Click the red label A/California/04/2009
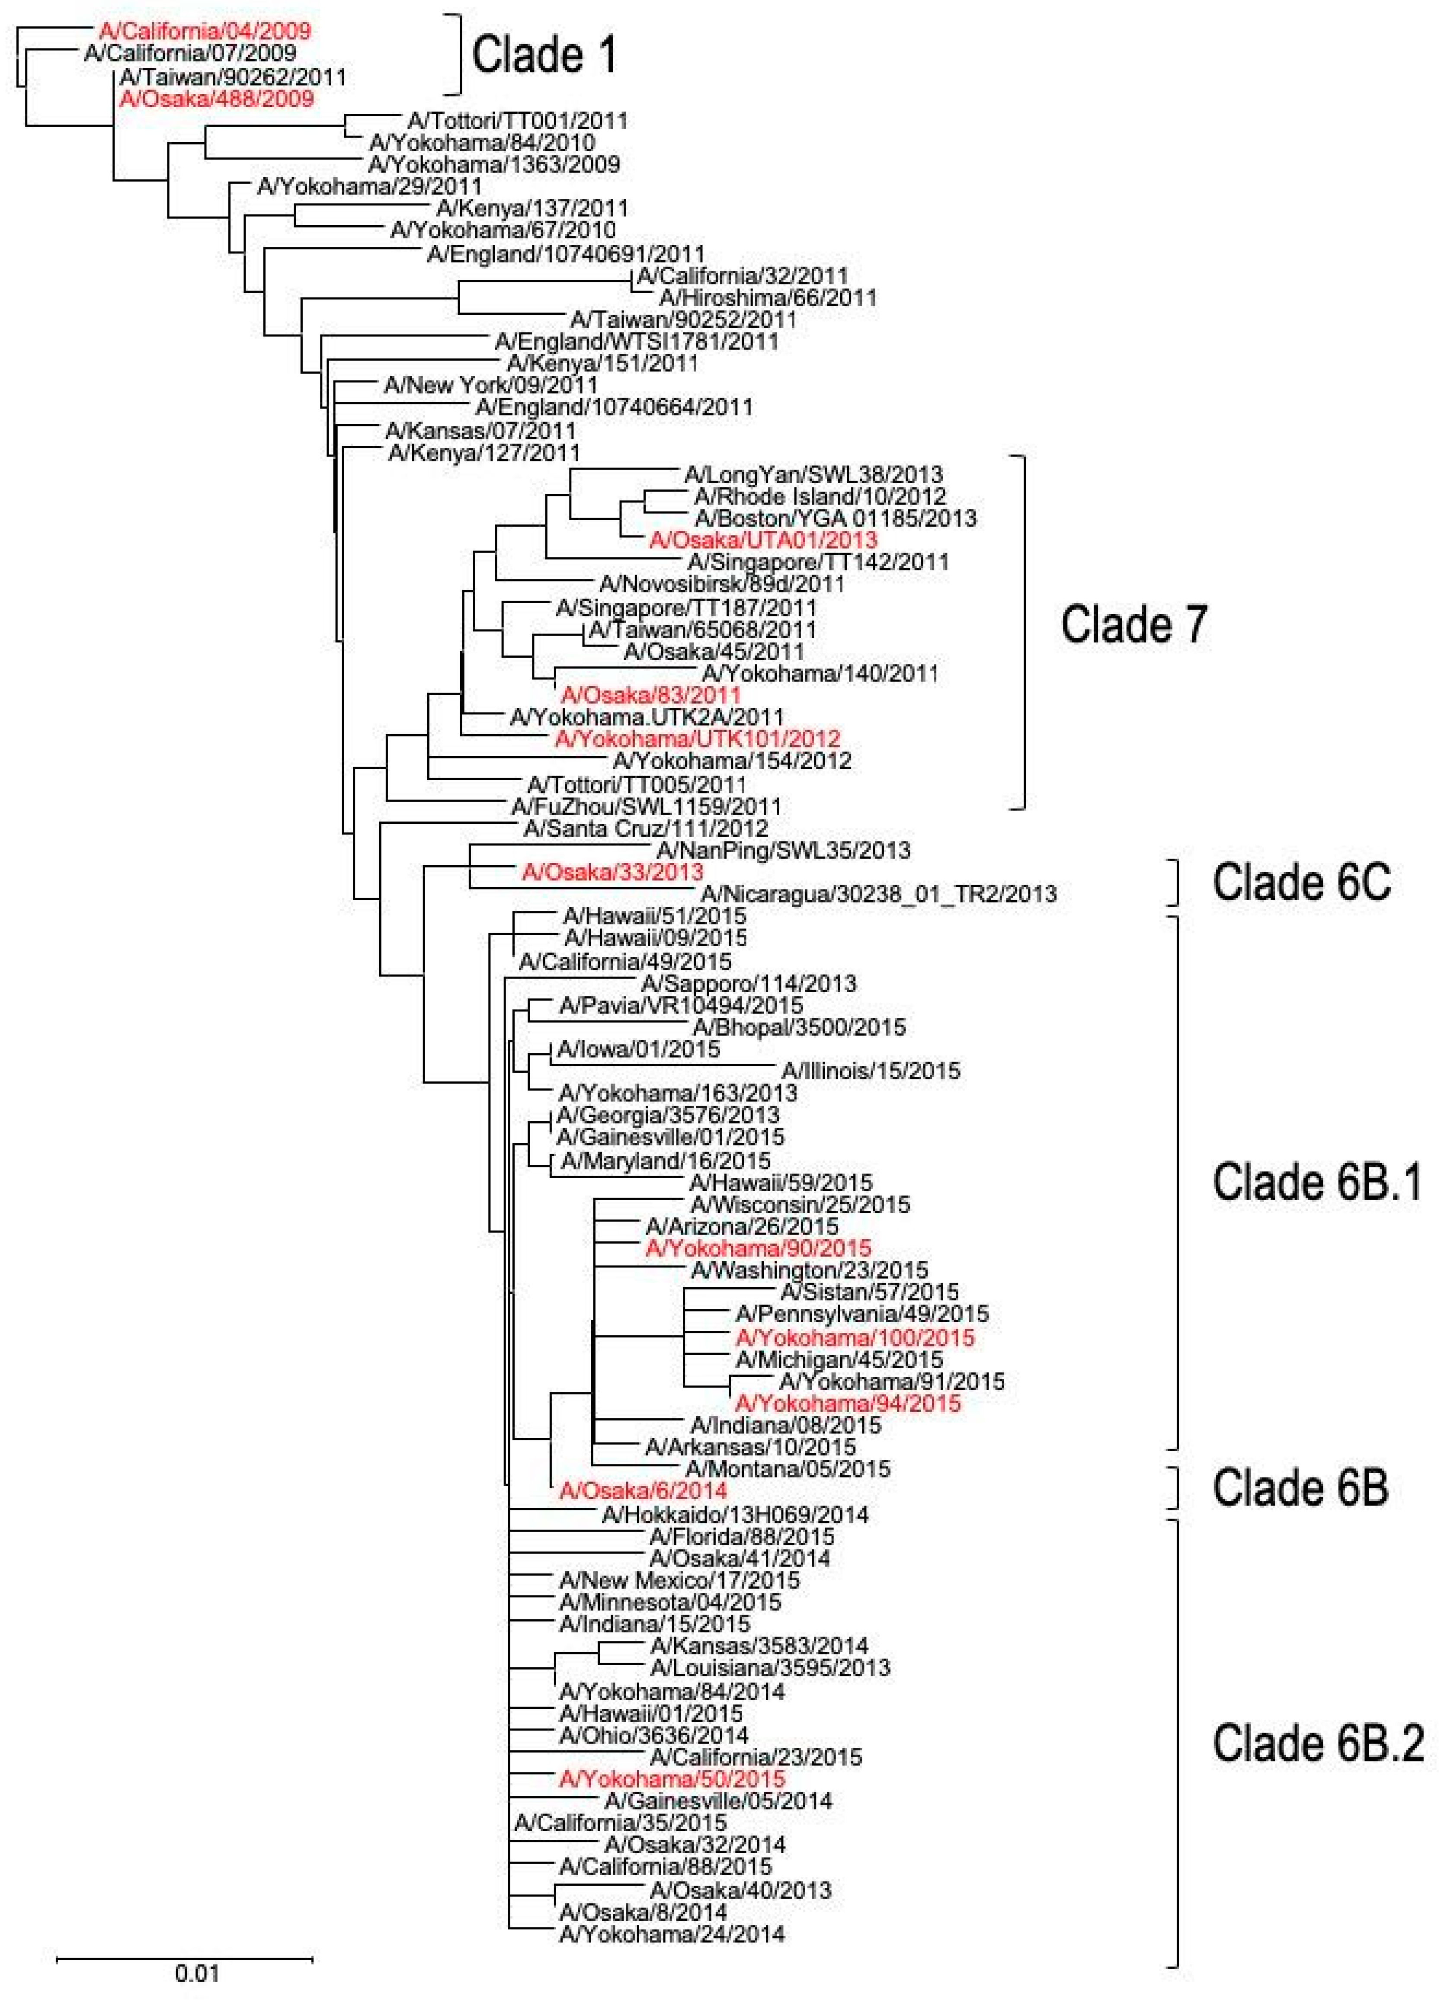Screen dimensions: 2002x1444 pos(205,32)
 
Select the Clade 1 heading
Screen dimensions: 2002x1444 pos(544,55)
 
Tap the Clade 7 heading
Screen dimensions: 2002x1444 pos(1133,625)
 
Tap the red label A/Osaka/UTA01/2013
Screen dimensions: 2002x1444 pos(762,540)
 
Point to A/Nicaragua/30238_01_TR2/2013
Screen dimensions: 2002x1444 pos(879,894)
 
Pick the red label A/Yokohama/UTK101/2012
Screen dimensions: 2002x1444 pos(697,739)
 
